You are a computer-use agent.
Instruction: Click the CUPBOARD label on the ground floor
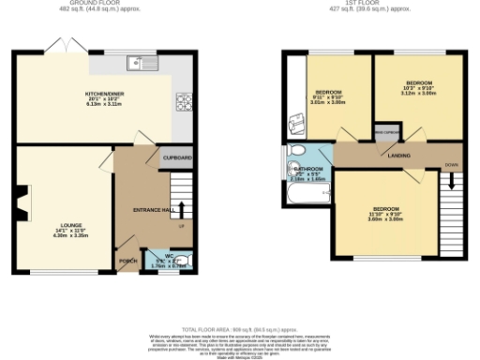[x=178, y=157]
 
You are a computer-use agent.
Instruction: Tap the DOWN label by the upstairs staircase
[x=451, y=163]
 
